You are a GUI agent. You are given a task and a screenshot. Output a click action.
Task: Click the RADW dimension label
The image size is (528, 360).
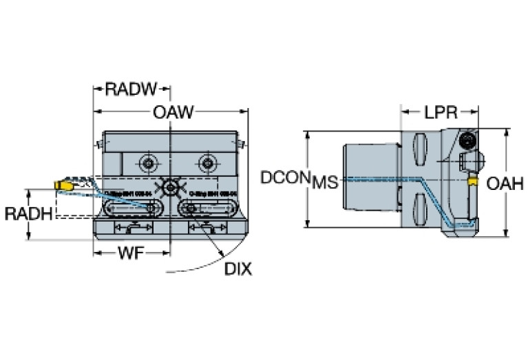[131, 89]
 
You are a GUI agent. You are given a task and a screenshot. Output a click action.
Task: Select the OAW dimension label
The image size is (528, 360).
[173, 112]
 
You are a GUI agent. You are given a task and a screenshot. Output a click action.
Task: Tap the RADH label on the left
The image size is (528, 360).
[28, 214]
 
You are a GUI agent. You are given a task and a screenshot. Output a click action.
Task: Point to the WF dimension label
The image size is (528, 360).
[130, 254]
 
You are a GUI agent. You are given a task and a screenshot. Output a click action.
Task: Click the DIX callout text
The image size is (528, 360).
[237, 269]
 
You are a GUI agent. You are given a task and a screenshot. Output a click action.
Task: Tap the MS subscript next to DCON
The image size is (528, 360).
[325, 183]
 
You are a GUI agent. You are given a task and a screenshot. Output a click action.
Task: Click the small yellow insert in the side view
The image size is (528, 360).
[474, 182]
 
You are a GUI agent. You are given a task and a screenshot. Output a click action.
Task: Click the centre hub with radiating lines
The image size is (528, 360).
[169, 186]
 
